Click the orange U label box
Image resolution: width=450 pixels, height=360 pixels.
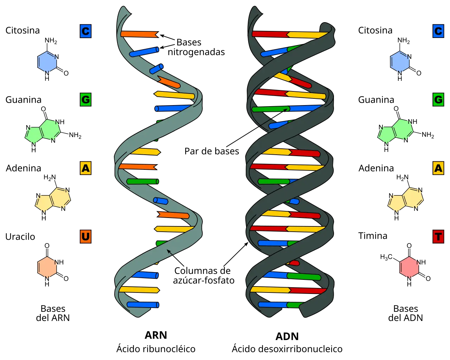(x=85, y=237)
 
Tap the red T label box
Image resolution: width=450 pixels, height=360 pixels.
(x=438, y=237)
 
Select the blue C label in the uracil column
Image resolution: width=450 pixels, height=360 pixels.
(x=85, y=31)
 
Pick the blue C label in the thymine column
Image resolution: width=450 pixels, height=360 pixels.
(x=438, y=31)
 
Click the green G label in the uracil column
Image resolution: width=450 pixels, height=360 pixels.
(x=85, y=100)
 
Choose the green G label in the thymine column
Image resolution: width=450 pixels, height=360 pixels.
(x=438, y=100)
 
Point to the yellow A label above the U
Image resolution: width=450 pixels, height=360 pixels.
(x=85, y=168)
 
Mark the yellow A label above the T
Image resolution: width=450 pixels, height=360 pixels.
(x=438, y=168)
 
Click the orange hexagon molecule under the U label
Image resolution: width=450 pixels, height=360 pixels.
(x=47, y=268)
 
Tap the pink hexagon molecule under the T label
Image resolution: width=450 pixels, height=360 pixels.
(x=410, y=267)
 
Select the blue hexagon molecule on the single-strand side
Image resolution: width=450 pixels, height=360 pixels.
(x=47, y=62)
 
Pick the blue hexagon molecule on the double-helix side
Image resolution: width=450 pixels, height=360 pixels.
(x=400, y=62)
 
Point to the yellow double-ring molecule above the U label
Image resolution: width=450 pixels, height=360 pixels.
(x=53, y=200)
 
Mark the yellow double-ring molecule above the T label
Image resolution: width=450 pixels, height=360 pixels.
(x=406, y=200)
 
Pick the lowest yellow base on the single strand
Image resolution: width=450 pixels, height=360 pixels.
(x=140, y=290)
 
